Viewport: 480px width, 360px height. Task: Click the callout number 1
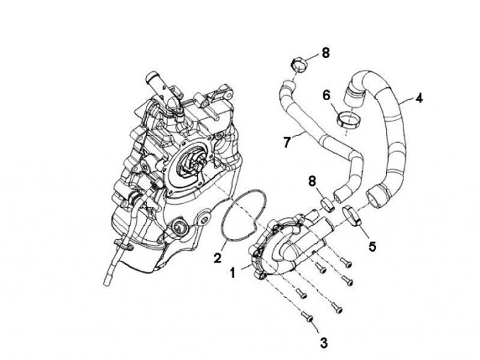[233, 272]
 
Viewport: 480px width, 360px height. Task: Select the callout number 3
[324, 343]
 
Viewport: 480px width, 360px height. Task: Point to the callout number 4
[418, 99]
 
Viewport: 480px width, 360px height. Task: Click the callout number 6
[327, 95]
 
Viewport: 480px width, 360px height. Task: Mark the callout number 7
[288, 141]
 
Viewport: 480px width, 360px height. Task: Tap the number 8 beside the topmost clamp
[325, 53]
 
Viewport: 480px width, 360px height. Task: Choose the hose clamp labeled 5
[353, 216]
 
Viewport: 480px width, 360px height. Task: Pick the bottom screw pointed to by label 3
[308, 317]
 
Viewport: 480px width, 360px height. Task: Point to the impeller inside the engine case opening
[190, 163]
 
